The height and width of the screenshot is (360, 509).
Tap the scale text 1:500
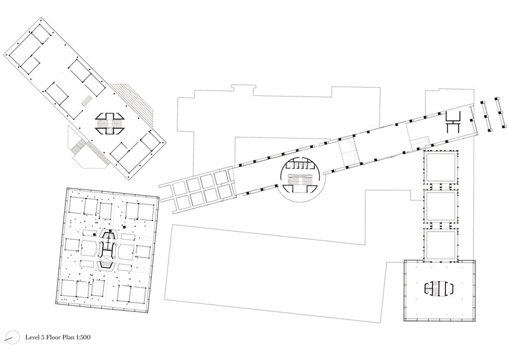click(x=83, y=337)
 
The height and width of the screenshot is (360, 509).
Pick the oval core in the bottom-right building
click(x=439, y=288)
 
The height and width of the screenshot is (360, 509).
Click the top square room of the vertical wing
click(x=441, y=168)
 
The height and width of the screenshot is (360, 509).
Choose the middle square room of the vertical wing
click(x=441, y=206)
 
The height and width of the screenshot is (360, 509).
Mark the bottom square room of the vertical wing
click(x=441, y=245)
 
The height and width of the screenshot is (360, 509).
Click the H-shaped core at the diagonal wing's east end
click(x=454, y=121)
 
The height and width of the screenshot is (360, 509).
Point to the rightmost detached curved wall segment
click(x=500, y=113)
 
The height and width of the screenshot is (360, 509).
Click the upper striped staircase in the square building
click(x=106, y=211)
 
